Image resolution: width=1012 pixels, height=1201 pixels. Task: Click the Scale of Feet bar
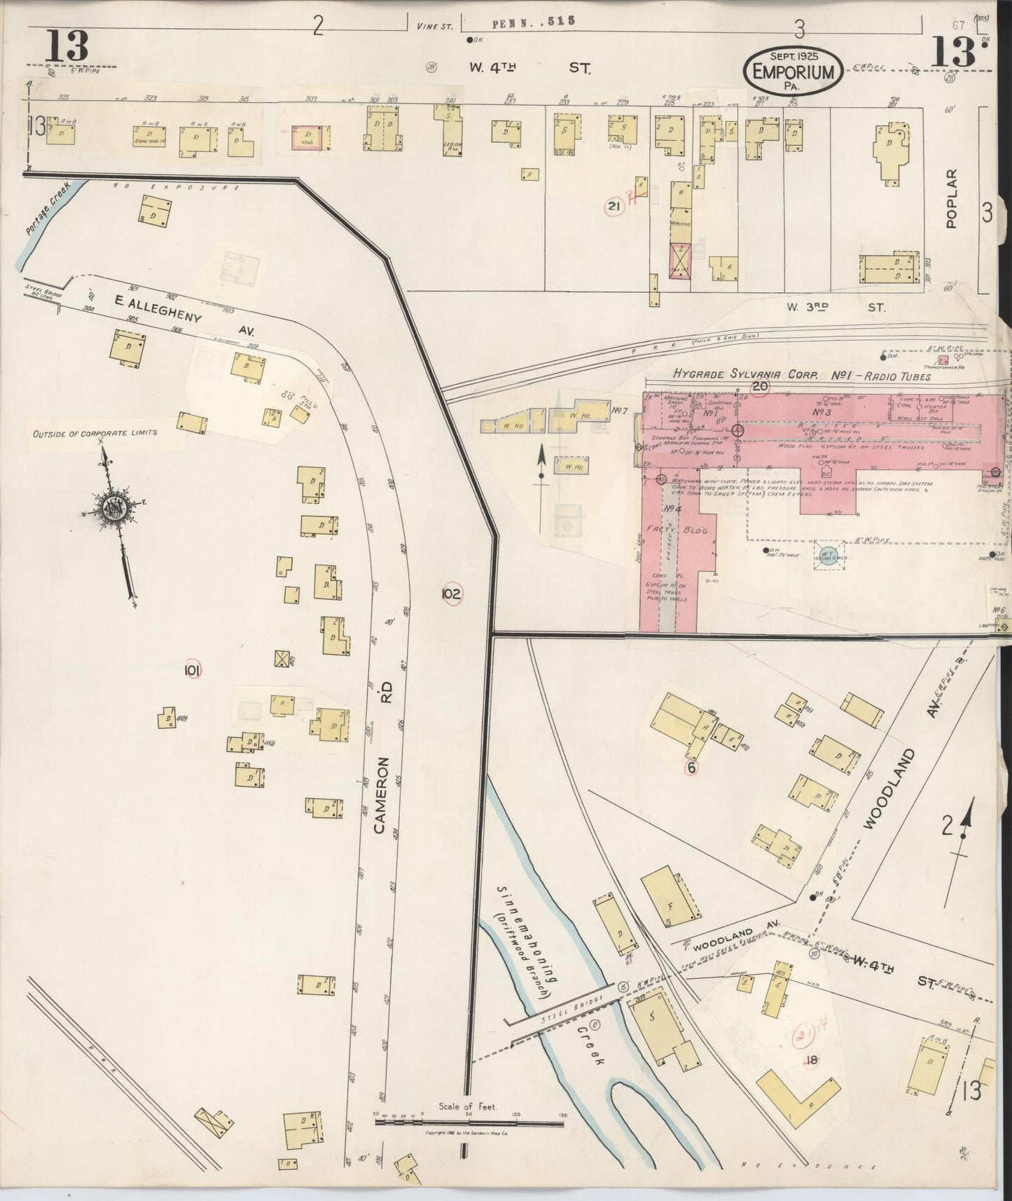pyautogui.click(x=469, y=1123)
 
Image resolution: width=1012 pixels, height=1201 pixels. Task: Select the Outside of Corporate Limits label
pyautogui.click(x=95, y=433)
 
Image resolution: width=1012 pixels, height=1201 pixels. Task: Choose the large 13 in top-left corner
pyautogui.click(x=67, y=46)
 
